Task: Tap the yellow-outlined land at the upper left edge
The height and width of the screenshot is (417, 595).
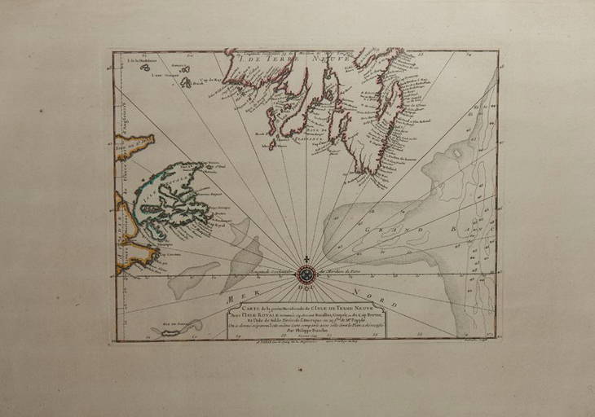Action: pos(133,146)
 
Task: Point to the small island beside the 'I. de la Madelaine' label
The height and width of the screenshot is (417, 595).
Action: pos(145,68)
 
